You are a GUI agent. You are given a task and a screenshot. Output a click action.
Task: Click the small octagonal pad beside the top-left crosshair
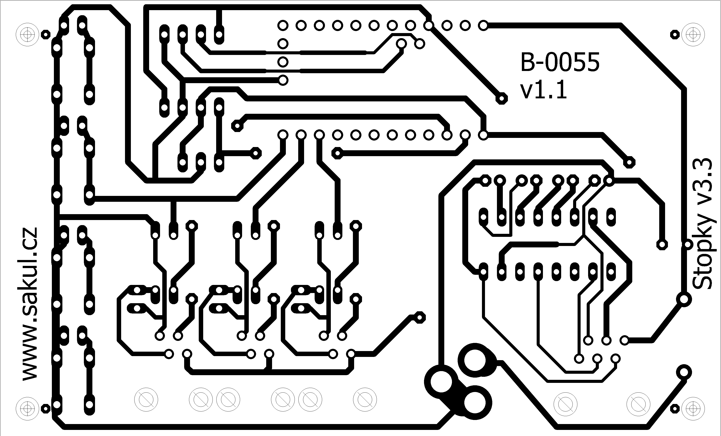click(45, 34)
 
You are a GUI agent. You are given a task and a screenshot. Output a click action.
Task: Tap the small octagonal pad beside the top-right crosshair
click(675, 34)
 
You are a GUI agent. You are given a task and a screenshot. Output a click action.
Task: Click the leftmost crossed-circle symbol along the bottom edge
click(146, 400)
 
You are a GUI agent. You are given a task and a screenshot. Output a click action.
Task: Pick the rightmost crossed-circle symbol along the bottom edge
click(639, 404)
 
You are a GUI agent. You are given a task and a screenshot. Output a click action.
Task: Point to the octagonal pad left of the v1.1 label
click(502, 98)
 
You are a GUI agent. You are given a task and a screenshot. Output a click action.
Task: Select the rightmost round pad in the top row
click(483, 26)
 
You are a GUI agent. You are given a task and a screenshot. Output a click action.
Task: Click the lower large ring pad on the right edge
click(684, 373)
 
